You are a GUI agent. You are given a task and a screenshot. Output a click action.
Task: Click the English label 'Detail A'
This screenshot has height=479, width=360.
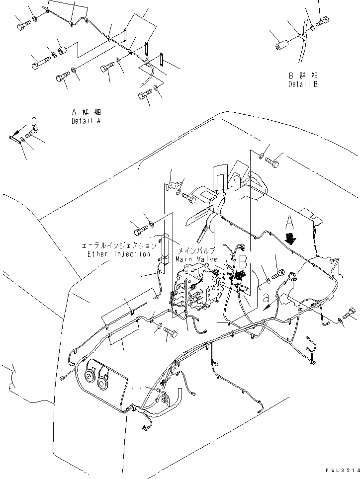click(x=86, y=121)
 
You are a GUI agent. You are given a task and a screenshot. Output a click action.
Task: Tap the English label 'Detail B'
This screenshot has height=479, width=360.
click(x=302, y=84)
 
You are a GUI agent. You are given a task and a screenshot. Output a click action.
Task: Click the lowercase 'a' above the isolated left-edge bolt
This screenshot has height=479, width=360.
click(x=34, y=121)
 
